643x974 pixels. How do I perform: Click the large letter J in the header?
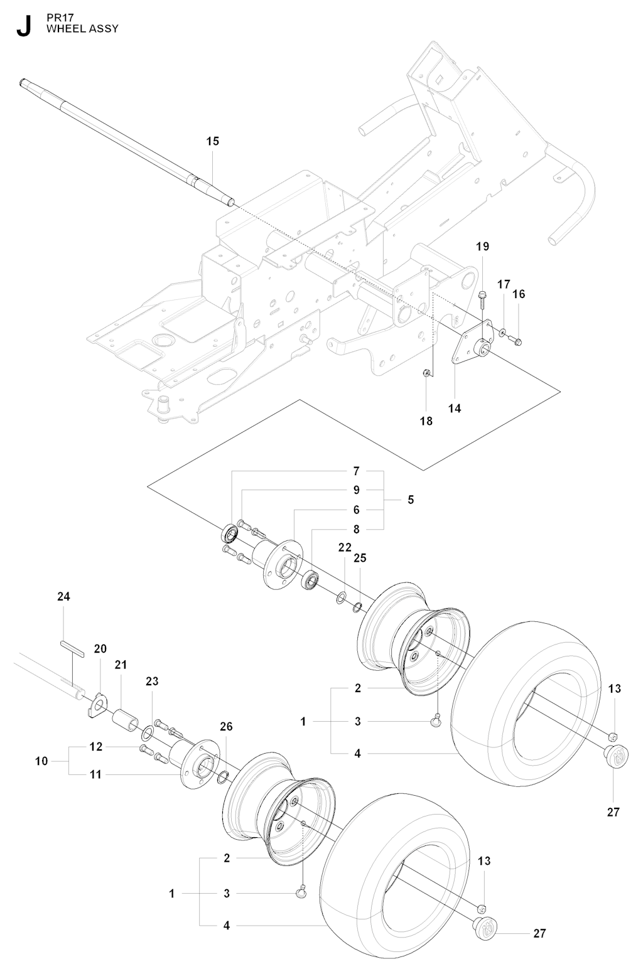coord(24,26)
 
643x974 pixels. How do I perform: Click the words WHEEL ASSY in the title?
coord(82,29)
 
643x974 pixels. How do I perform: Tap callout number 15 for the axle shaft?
coord(213,141)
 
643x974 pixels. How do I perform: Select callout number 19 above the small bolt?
coord(482,247)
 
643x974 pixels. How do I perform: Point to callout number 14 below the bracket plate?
coord(455,409)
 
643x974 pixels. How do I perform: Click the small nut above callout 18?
coord(427,372)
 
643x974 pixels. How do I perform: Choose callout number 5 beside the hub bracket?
coord(411,500)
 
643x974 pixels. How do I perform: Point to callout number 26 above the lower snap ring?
coord(226,726)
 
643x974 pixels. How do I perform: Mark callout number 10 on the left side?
coord(42,761)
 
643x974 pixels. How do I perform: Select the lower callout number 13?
coord(484,861)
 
